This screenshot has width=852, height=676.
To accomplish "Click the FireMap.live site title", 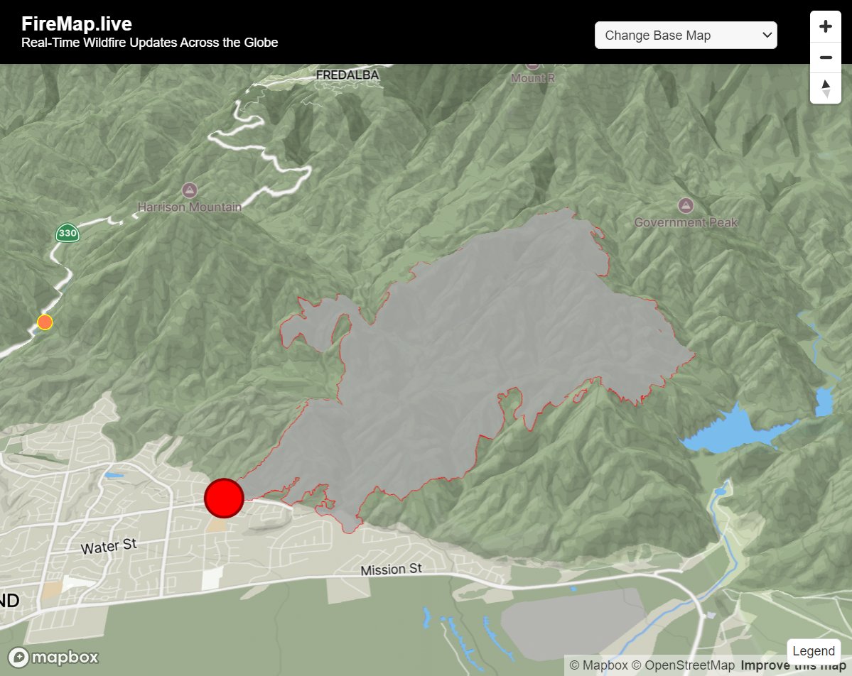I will coord(77,23).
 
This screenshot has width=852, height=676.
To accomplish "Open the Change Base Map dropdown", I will coord(686,35).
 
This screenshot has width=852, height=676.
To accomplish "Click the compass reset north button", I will coord(826,89).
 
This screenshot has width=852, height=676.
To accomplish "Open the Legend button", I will coord(813,651).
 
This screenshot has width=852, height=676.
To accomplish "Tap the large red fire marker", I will coord(224,498).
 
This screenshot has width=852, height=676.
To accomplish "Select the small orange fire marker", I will coord(45,322).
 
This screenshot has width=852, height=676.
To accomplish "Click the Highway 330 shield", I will coord(68,232).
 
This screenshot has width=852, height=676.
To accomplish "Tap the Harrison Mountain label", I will coord(190,207).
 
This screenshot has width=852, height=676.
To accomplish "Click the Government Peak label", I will coord(686,222).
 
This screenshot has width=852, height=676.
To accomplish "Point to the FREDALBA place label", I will coord(347,75).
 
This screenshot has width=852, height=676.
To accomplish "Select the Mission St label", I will coord(391,569).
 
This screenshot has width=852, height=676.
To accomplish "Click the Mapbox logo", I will coord(53,658).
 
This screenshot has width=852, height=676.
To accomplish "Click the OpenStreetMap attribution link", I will coord(683,665).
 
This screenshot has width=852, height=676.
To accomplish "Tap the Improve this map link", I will coord(793,665).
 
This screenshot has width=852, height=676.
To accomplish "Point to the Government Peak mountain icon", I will coord(686,205).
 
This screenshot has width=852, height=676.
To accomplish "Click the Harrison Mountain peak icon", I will coord(190,190).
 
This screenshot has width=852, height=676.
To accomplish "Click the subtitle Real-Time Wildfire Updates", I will coord(149,43).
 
